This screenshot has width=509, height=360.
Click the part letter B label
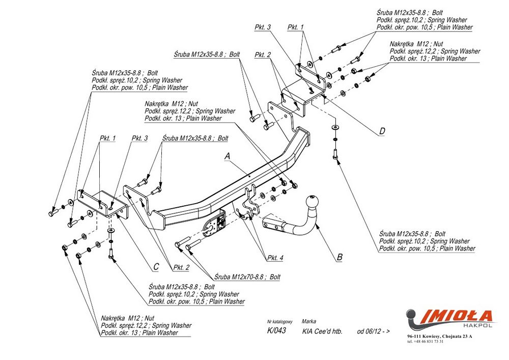[340, 257]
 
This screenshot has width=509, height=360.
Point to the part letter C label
[156, 266]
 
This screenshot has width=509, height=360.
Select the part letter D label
[382, 131]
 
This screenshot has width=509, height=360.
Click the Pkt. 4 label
[275, 258]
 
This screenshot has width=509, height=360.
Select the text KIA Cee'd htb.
[322, 331]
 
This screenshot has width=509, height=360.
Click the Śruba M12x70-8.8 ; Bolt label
[247, 277]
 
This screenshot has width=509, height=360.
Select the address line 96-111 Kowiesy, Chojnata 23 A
[440, 337]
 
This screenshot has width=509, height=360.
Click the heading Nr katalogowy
[280, 322]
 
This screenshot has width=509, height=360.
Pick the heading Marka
[309, 322]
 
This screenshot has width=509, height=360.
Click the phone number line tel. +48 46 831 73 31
[426, 341]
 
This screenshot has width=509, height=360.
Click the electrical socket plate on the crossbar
[219, 224]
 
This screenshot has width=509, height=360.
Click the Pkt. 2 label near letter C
[181, 267]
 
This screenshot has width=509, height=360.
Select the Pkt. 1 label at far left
[107, 138]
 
